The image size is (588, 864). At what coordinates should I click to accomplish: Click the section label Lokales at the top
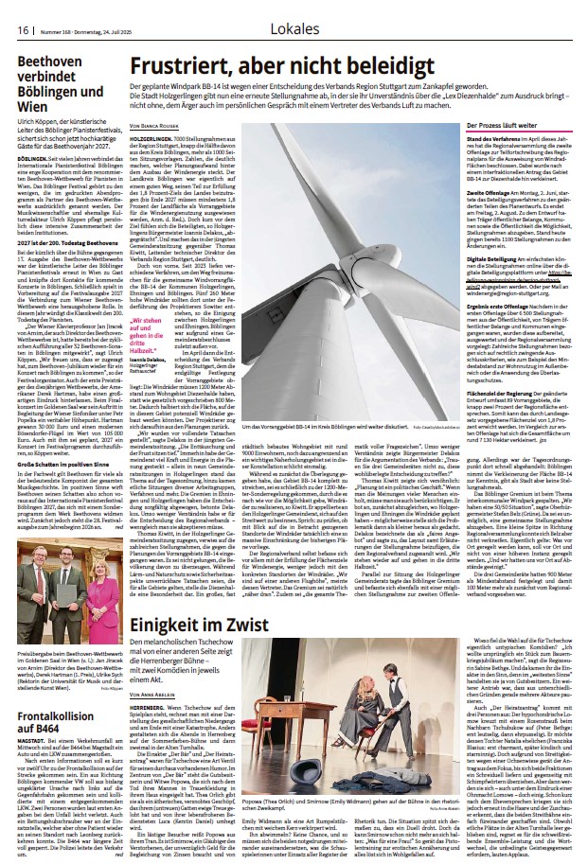(294, 29)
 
